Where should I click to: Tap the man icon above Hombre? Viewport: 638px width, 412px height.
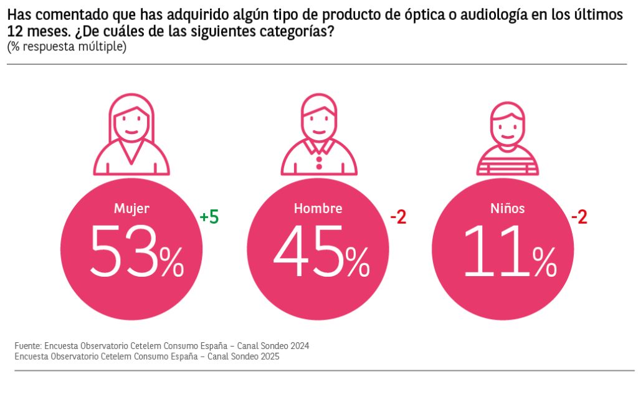point(318,134)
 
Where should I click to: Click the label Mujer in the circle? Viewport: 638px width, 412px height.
point(131,209)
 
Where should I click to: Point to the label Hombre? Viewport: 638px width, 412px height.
point(318,209)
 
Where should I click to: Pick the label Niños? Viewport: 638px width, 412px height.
point(507,209)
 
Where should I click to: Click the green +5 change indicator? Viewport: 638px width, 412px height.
point(209,218)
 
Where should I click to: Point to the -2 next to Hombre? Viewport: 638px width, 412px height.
point(398,218)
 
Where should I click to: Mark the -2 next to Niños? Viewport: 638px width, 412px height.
point(579,218)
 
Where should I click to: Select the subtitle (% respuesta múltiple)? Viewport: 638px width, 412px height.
point(67,47)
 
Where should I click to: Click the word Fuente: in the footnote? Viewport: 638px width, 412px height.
point(28,345)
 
